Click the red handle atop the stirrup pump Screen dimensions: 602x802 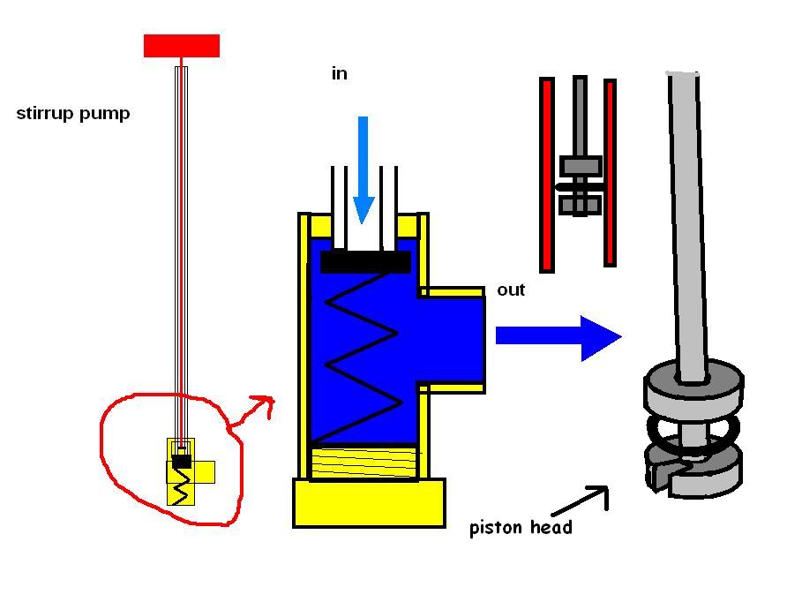point(181,45)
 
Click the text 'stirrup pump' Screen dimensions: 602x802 point(73,114)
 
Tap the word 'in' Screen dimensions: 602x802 point(340,74)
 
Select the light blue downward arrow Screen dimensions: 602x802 point(363,168)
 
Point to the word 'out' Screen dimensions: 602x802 point(511,290)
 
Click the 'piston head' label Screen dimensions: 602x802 point(521,528)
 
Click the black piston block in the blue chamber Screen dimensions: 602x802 point(365,261)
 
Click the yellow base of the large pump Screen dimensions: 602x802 point(369,503)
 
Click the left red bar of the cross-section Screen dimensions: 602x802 point(547,174)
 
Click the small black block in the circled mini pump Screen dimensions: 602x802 point(182,461)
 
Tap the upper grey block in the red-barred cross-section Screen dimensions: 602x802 point(581,165)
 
